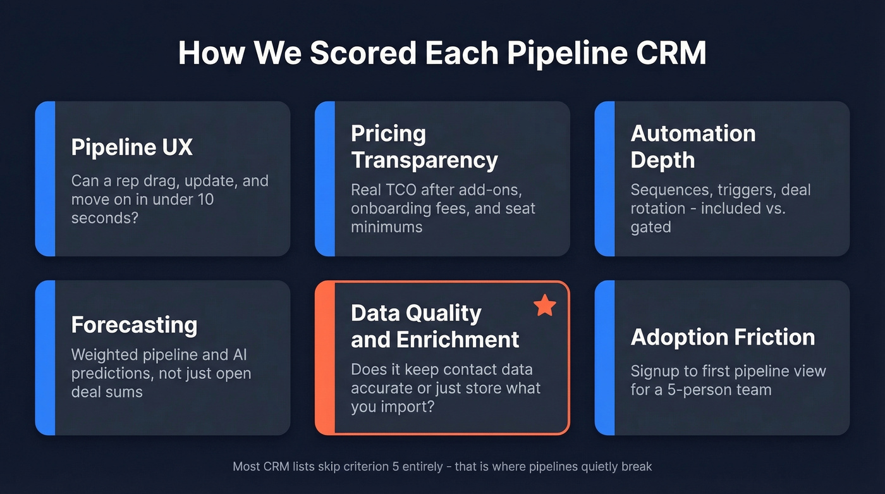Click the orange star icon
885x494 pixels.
(x=544, y=306)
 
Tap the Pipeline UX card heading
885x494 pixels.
(x=131, y=147)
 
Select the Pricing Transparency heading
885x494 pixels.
(x=424, y=147)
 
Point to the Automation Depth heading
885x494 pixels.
(x=693, y=147)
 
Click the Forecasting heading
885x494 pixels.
(x=134, y=325)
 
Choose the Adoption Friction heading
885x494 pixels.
(x=723, y=337)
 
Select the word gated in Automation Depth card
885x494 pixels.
(x=650, y=226)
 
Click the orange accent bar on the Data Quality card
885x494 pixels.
(x=324, y=358)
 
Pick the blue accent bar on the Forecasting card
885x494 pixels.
(x=45, y=358)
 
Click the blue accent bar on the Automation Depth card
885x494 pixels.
(x=604, y=179)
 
